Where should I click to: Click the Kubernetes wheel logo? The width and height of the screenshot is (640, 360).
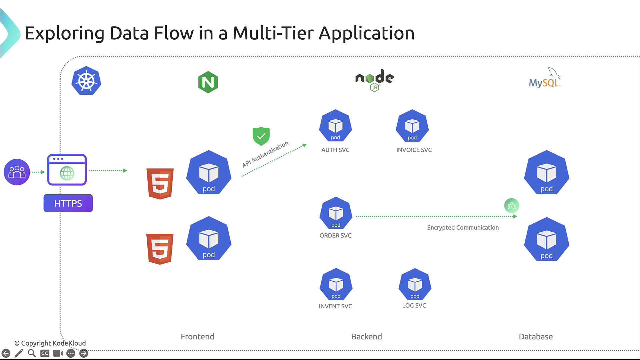86,81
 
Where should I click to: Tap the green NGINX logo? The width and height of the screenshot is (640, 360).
208,82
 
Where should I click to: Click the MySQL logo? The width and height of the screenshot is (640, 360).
545,78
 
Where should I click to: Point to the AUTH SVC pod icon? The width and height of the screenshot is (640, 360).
335,126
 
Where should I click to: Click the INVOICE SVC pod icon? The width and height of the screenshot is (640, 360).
412,126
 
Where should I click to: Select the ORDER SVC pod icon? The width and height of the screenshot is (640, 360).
336,214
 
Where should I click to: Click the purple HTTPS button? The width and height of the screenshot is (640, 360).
68,203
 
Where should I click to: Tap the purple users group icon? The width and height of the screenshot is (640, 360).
17,172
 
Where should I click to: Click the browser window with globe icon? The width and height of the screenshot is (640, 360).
67,170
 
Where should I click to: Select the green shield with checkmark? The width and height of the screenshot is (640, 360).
261,136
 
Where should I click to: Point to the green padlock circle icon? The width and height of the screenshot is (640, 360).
512,206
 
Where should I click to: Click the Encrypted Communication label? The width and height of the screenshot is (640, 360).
463,228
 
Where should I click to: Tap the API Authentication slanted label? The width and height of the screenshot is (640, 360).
265,154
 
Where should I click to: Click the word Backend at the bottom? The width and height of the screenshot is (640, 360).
366,337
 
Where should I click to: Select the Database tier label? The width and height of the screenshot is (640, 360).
536,337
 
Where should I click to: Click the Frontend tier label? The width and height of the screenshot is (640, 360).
197,337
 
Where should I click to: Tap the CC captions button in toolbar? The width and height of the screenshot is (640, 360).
45,353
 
